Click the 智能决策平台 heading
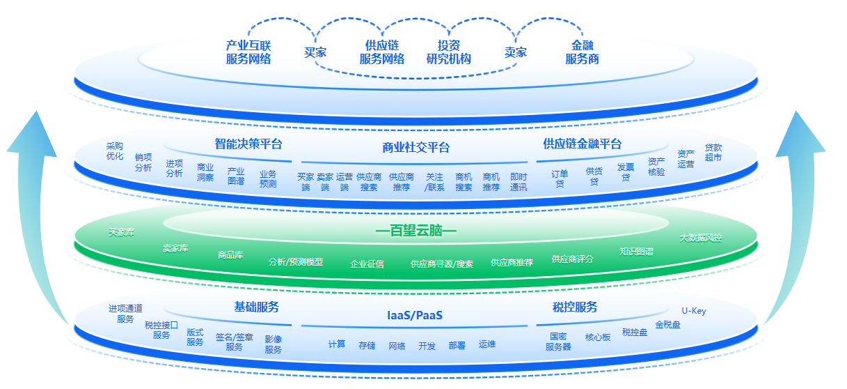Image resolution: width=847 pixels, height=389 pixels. [248, 144]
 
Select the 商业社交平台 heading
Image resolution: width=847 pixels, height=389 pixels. [416, 147]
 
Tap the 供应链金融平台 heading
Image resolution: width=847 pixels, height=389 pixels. [582, 144]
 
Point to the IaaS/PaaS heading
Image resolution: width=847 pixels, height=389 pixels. [415, 315]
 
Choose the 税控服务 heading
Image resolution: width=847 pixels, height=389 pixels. [575, 307]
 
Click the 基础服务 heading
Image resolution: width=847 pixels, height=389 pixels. [256, 307]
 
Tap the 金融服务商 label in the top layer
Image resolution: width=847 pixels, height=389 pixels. [582, 52]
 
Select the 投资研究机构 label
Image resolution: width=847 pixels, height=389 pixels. [448, 52]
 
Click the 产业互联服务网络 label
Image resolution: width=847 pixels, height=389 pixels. [248, 52]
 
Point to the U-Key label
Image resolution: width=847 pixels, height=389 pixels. [693, 311]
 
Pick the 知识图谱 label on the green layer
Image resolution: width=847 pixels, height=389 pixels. [636, 252]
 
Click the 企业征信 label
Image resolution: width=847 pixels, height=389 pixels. [367, 264]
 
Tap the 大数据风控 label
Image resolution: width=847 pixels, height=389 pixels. [701, 238]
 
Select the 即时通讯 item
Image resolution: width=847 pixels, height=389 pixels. [519, 182]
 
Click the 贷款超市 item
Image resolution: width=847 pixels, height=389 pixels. [713, 153]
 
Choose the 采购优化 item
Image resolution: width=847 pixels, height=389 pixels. [115, 151]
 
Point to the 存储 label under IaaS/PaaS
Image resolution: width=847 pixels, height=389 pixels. [367, 345]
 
